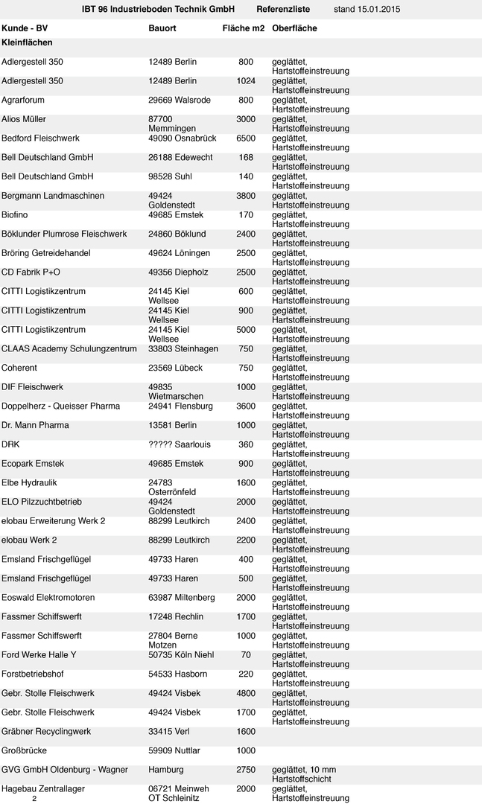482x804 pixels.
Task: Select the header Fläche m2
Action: point(244,28)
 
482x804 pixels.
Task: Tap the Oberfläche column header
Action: point(294,28)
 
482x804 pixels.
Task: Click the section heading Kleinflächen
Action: point(27,42)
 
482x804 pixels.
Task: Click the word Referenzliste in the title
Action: point(283,9)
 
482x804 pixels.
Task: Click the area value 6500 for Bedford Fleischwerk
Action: point(246,138)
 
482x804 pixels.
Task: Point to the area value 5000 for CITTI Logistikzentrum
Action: point(246,330)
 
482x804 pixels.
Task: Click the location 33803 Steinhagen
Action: point(183,348)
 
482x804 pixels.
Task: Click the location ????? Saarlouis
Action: point(180,444)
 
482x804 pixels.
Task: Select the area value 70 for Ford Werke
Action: point(246,655)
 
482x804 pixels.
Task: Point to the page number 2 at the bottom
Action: point(34,798)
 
